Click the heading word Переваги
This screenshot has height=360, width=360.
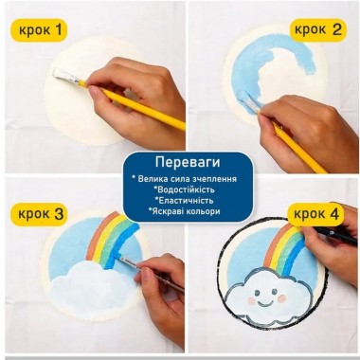(180, 161)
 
